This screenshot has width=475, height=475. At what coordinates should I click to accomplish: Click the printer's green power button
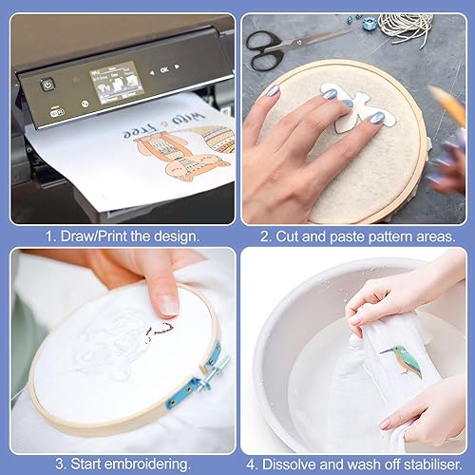[47, 85]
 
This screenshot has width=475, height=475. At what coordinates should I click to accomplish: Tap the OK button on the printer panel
[164, 69]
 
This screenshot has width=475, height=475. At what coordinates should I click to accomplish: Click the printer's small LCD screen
[117, 83]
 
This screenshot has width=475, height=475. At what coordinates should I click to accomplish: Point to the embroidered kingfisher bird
[404, 361]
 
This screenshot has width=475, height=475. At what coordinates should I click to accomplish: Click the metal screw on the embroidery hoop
[213, 371]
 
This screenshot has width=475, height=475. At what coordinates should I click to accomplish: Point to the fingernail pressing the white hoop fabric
[168, 305]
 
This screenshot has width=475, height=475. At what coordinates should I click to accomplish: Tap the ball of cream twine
[406, 28]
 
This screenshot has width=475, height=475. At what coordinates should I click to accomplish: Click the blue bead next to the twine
[370, 23]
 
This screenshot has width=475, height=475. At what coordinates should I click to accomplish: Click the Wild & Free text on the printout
[164, 125]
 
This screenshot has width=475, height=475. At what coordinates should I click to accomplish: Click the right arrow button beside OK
[177, 66]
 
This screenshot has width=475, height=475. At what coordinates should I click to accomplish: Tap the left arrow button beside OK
[152, 73]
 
